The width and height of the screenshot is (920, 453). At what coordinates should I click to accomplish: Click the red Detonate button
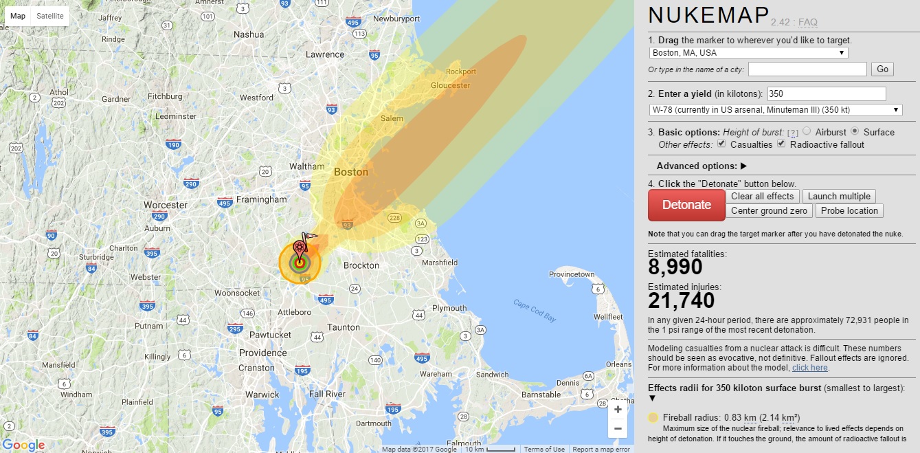pos(686,205)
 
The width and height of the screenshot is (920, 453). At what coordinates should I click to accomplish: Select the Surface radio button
pos(855,132)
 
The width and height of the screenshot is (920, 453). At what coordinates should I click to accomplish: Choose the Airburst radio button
pos(807,132)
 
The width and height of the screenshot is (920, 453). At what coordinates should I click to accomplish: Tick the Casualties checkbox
pos(721,144)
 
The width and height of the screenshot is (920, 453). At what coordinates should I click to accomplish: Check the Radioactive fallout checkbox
pos(781,144)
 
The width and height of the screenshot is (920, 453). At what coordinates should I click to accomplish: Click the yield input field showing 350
pos(826,94)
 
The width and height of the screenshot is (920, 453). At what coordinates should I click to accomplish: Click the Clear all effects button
pos(762,197)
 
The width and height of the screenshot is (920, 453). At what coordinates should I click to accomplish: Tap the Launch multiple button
pos(839,197)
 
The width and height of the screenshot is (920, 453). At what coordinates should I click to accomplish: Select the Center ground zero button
pos(770,211)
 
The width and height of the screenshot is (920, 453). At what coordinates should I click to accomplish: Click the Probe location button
pos(849,211)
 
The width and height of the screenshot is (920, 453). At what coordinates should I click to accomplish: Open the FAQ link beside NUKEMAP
pos(807,23)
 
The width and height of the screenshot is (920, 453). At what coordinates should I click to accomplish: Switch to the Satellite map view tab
pos(50,16)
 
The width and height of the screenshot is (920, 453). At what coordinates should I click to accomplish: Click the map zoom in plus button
pos(618,410)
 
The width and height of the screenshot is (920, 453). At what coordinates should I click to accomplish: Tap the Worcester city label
pos(166,205)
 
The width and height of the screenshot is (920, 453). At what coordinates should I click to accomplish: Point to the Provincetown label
pos(572,274)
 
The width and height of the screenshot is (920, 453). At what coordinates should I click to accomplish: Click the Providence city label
pos(263,353)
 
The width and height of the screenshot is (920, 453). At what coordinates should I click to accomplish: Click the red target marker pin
pos(300,248)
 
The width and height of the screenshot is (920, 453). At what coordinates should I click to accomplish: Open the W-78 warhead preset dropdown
pos(776,110)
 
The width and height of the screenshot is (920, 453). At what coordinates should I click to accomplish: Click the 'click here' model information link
pos(810,368)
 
